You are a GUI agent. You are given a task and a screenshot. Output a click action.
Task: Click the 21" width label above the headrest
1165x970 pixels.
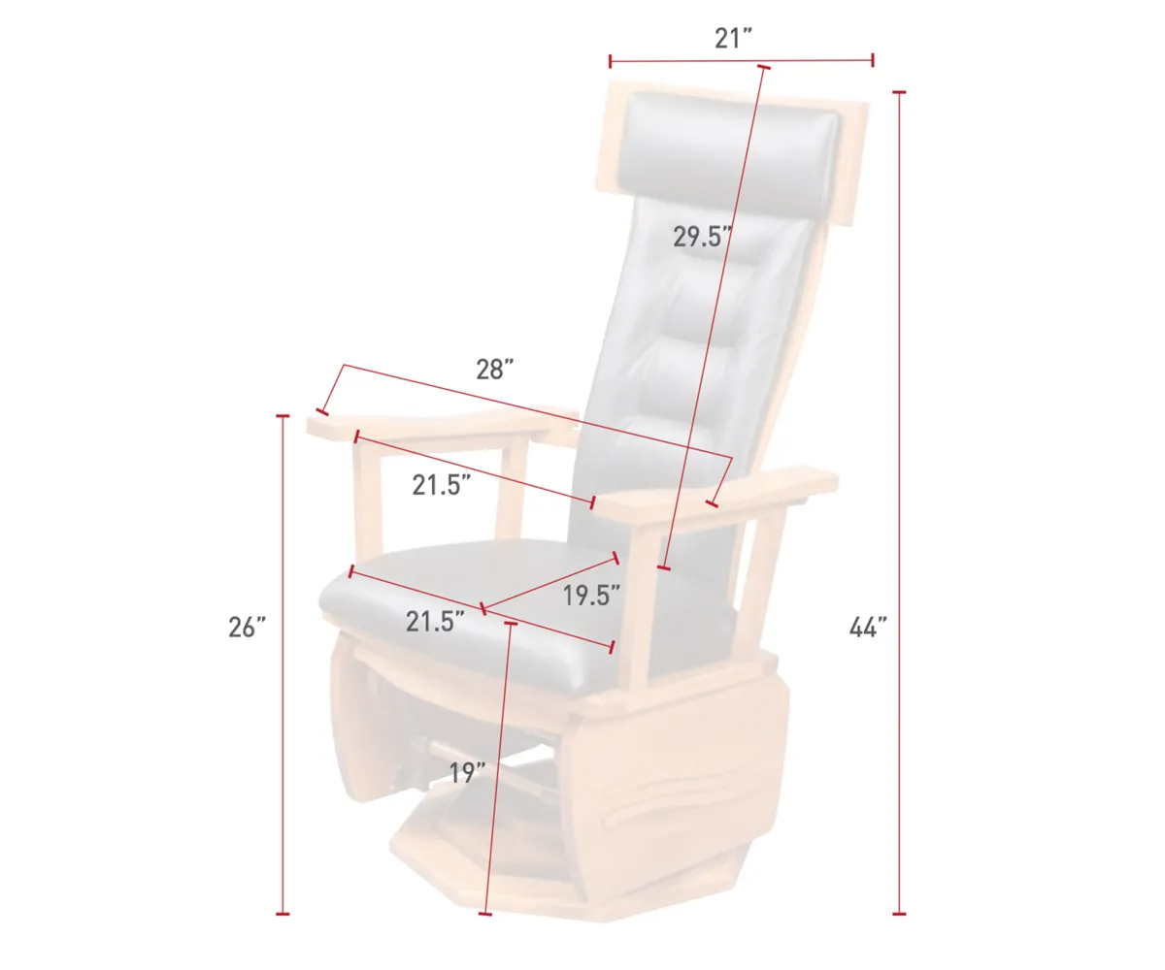pyautogui.click(x=734, y=39)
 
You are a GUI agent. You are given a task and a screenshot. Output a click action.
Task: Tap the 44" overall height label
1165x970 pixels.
pyautogui.click(x=868, y=628)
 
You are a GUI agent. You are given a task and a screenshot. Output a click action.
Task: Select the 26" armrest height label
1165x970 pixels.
pyautogui.click(x=247, y=628)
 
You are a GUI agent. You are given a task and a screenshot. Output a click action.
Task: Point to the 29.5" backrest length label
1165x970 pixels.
pyautogui.click(x=702, y=237)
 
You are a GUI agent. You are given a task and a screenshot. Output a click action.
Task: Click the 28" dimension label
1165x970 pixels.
pyautogui.click(x=494, y=370)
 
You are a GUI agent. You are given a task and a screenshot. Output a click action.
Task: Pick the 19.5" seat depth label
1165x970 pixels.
pyautogui.click(x=591, y=596)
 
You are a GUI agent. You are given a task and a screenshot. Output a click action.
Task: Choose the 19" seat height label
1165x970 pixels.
pyautogui.click(x=468, y=773)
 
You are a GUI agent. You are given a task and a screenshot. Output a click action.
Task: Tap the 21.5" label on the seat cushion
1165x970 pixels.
pyautogui.click(x=435, y=622)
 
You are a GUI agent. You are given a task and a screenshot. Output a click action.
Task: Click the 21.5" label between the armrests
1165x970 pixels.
pyautogui.click(x=442, y=485)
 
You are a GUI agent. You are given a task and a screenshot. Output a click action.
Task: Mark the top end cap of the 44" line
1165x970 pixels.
pyautogui.click(x=899, y=92)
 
